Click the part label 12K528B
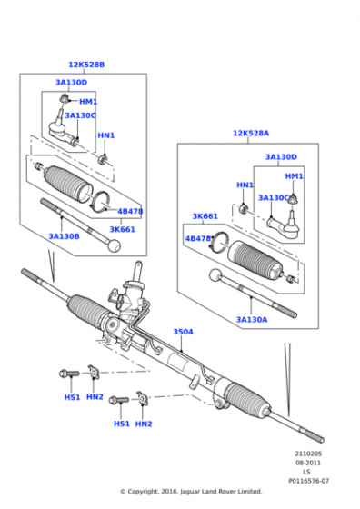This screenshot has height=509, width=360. click(86, 65)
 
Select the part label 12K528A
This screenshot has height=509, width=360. click(251, 133)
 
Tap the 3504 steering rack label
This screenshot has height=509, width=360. click(183, 332)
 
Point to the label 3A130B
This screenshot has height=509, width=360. click(64, 236)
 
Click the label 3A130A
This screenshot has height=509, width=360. click(252, 320)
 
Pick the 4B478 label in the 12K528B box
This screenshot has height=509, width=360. click(130, 211)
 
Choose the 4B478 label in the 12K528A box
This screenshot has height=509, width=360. click(198, 238)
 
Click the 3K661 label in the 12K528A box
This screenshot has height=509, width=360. click(205, 216)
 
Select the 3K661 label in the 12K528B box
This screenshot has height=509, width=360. click(122, 229)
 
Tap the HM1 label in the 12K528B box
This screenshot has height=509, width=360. click(88, 102)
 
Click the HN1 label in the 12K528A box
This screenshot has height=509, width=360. click(245, 185)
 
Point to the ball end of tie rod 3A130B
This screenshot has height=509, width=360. click(114, 245)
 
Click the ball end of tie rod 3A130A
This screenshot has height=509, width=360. click(215, 275)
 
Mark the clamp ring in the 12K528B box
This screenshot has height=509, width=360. click(100, 192)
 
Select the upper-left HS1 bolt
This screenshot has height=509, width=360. click(69, 374)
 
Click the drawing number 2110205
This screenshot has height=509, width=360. click(308, 454)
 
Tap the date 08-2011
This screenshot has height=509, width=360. click(308, 463)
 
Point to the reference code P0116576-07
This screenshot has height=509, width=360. click(309, 481)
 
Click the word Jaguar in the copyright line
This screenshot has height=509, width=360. click(189, 492)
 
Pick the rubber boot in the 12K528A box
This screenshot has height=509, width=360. click(255, 260)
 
